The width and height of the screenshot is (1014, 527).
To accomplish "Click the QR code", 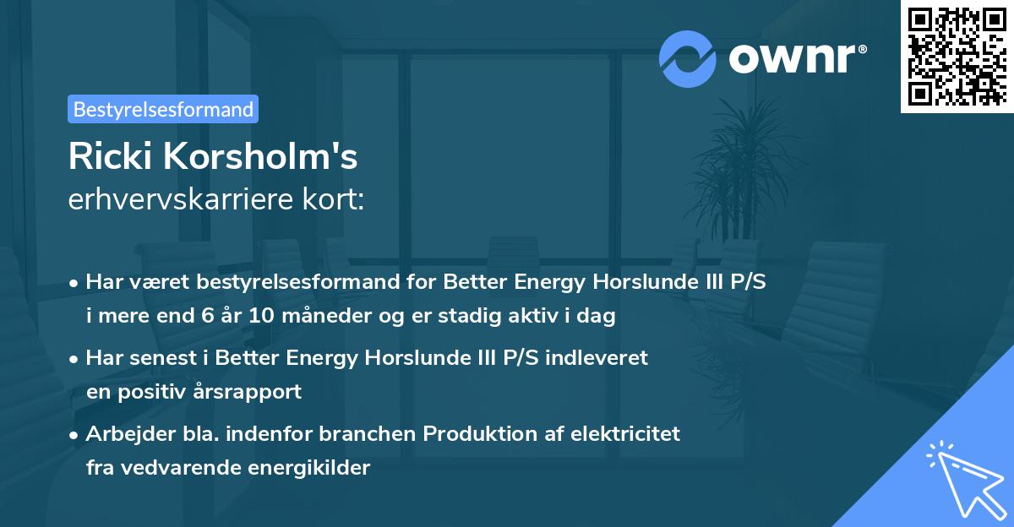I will click(x=956, y=57).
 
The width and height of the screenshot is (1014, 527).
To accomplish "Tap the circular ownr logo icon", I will click(x=688, y=59).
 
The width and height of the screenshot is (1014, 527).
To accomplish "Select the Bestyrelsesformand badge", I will click(x=163, y=109).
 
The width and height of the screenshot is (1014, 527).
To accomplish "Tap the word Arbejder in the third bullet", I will click(x=123, y=434).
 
